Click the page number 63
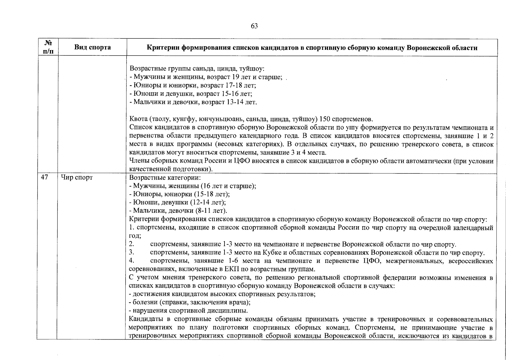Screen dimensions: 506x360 point(254,26)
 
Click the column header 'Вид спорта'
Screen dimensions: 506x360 point(92,47)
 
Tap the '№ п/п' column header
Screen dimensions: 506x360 point(47,47)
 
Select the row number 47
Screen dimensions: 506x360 point(44,178)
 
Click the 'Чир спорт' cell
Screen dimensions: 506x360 point(77,178)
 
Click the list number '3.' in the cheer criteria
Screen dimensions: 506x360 point(131,253)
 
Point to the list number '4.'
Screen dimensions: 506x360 point(131,261)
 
